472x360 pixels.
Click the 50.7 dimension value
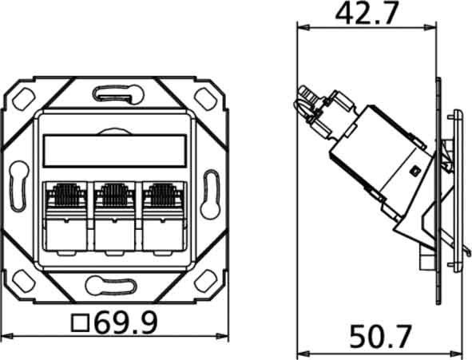pos(380,336)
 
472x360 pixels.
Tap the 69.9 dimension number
pos(126,322)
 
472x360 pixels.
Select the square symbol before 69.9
pos(80,323)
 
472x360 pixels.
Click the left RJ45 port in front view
pos(65,216)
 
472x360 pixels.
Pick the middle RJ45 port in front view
pos(114,216)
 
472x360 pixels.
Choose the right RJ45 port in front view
pos(163,216)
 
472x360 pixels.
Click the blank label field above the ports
pos(114,152)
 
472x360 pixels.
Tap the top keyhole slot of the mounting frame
pos(118,94)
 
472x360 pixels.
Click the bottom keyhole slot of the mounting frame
pos(111,286)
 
